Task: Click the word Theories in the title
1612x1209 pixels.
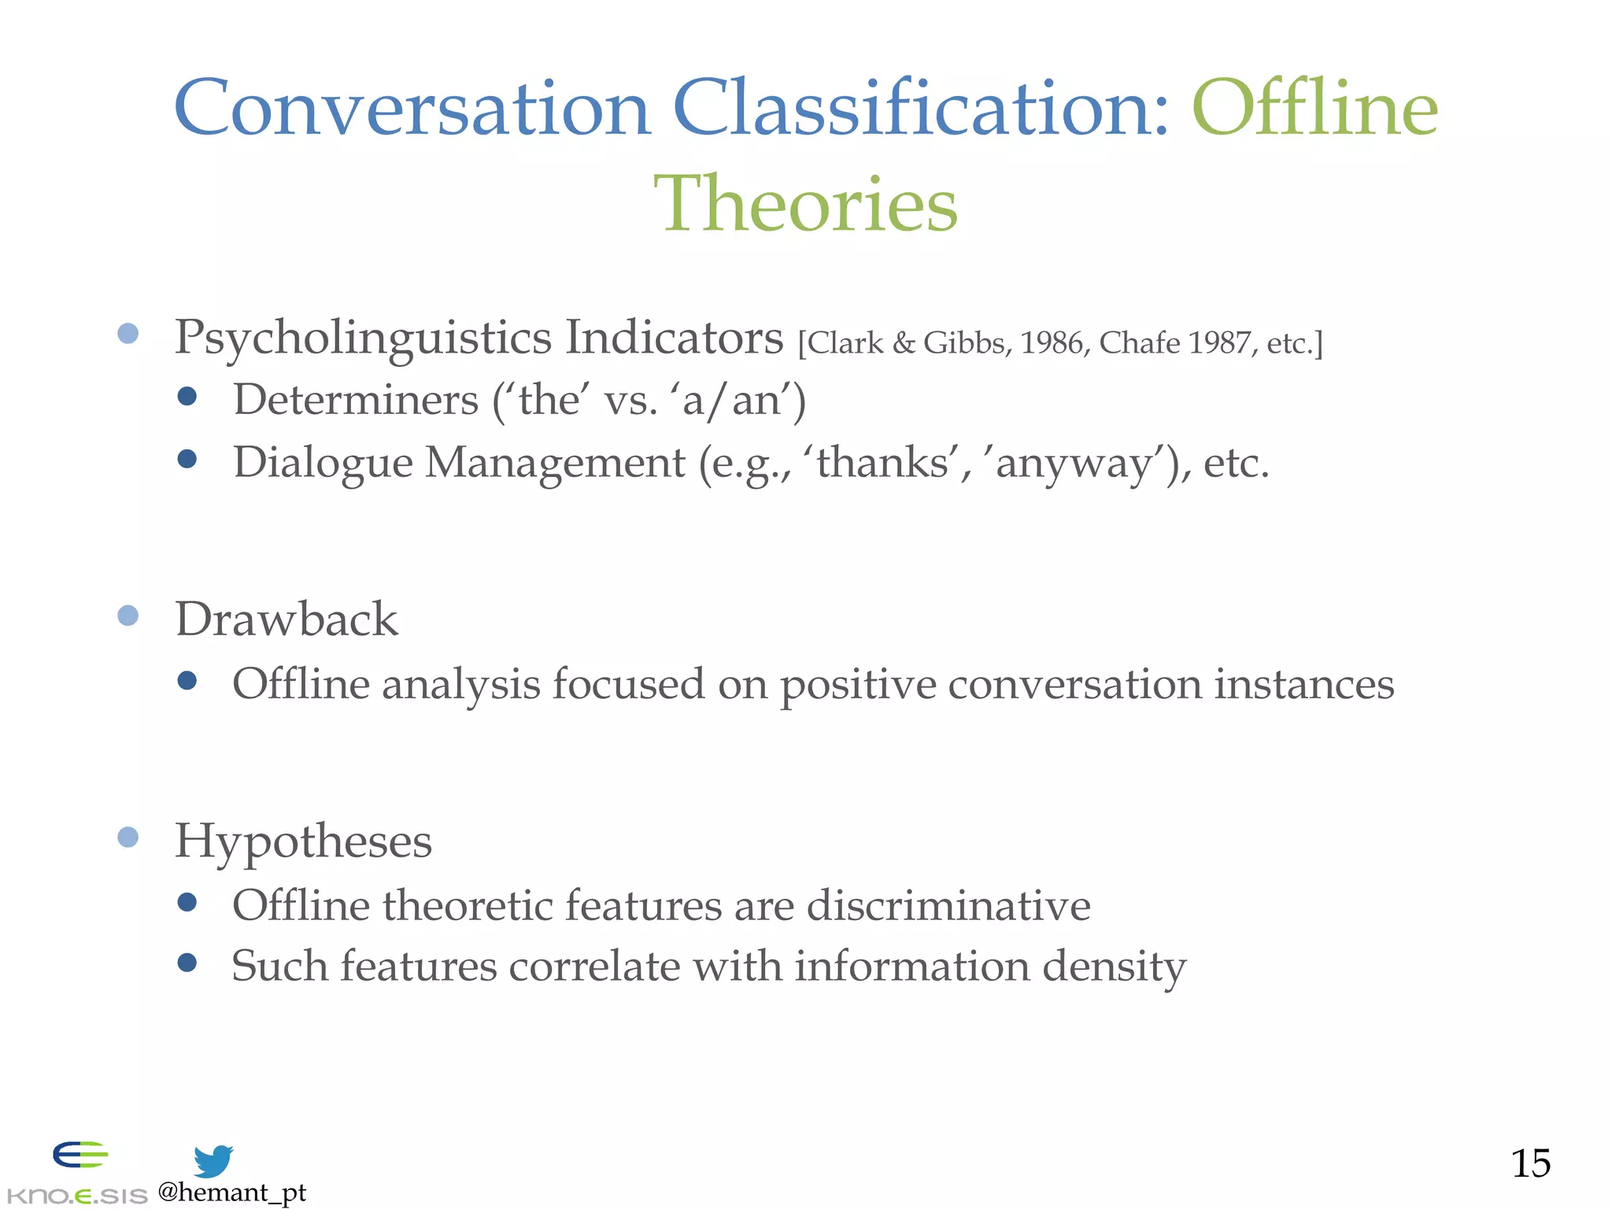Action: click(805, 204)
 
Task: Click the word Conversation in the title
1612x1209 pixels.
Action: click(412, 108)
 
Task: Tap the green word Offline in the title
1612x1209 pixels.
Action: click(1314, 108)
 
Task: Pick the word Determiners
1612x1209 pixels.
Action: click(356, 400)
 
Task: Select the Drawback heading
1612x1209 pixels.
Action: click(287, 619)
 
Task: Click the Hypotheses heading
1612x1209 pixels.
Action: click(303, 841)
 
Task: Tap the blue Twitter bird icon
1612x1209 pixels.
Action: click(213, 1161)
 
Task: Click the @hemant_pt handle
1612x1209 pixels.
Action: click(231, 1192)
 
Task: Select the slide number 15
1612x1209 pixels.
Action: click(1530, 1163)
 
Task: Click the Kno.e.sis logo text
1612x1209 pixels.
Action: click(76, 1196)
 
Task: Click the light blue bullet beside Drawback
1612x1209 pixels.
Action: click(128, 616)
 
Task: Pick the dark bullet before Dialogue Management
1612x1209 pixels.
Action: click(187, 459)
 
